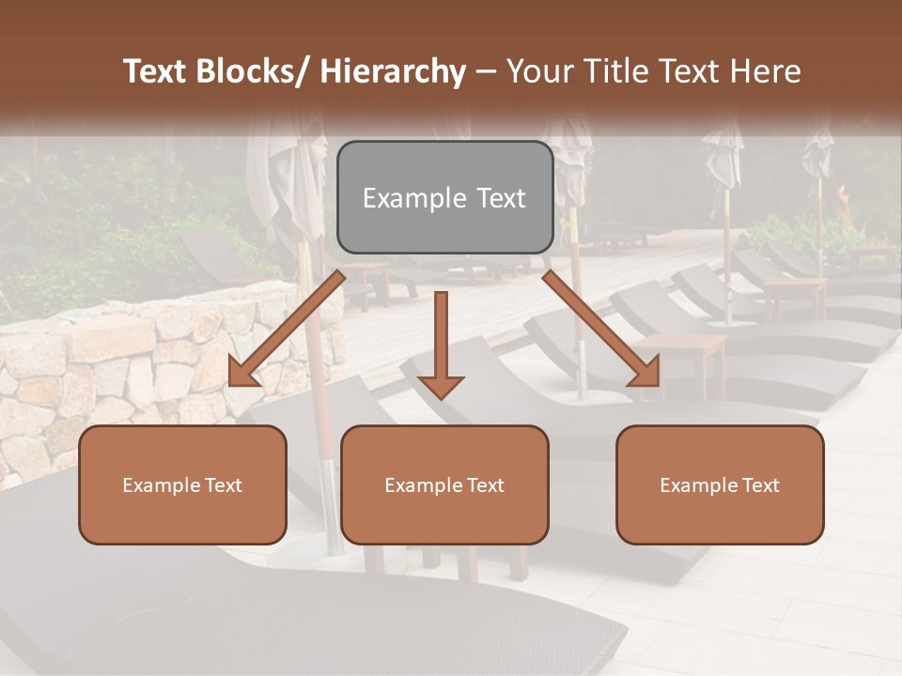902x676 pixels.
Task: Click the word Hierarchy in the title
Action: pyautogui.click(x=392, y=71)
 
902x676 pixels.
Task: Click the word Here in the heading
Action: pyautogui.click(x=766, y=71)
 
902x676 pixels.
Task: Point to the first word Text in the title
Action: pyautogui.click(x=157, y=71)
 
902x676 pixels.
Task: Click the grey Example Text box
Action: pyautogui.click(x=444, y=198)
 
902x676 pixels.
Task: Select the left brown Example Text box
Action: pyautogui.click(x=182, y=484)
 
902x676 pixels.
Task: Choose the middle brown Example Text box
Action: pyautogui.click(x=444, y=484)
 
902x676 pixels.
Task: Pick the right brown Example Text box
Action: pyautogui.click(x=720, y=484)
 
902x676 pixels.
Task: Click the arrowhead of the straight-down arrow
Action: pyautogui.click(x=441, y=386)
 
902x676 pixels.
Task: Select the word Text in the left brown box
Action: pyautogui.click(x=221, y=485)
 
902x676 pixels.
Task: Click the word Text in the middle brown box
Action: pyautogui.click(x=483, y=485)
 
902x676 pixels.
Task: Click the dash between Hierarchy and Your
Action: pyautogui.click(x=486, y=71)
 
